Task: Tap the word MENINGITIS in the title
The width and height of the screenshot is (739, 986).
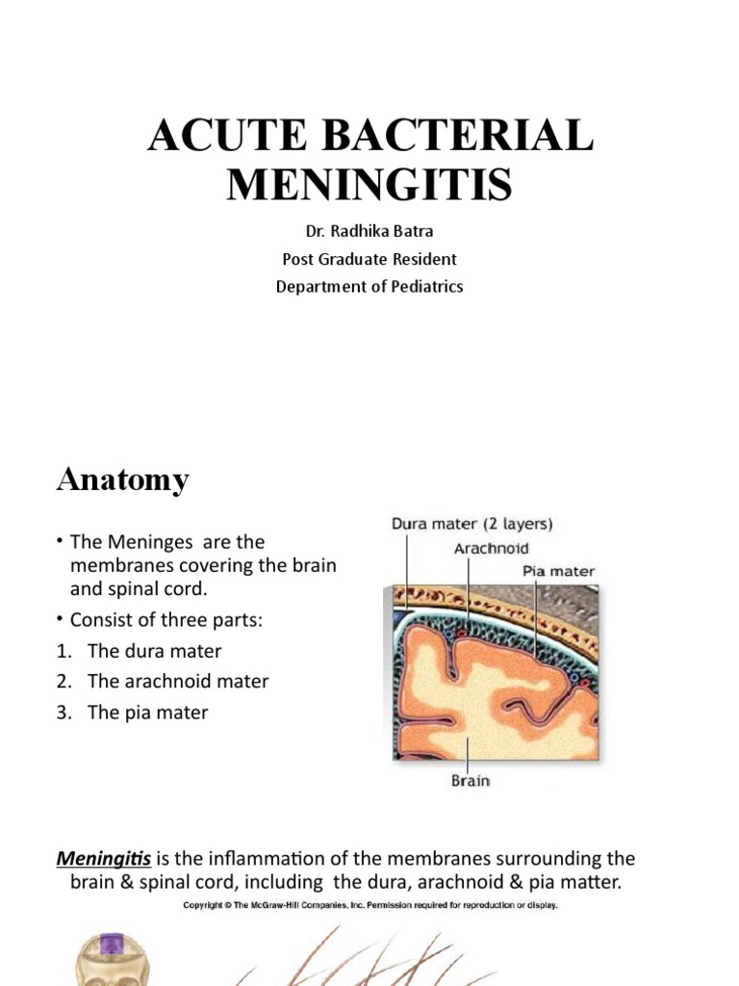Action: click(369, 183)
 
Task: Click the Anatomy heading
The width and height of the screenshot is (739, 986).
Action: click(122, 480)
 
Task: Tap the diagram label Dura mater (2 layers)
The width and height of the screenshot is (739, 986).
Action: click(471, 525)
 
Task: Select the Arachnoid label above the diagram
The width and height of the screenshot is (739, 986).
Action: click(491, 549)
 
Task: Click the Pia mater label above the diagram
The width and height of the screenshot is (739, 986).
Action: click(558, 571)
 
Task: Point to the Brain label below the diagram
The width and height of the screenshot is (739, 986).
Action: click(471, 781)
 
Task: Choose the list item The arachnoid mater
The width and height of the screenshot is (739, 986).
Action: click(178, 682)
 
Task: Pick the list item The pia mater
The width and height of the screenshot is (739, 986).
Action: click(147, 713)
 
